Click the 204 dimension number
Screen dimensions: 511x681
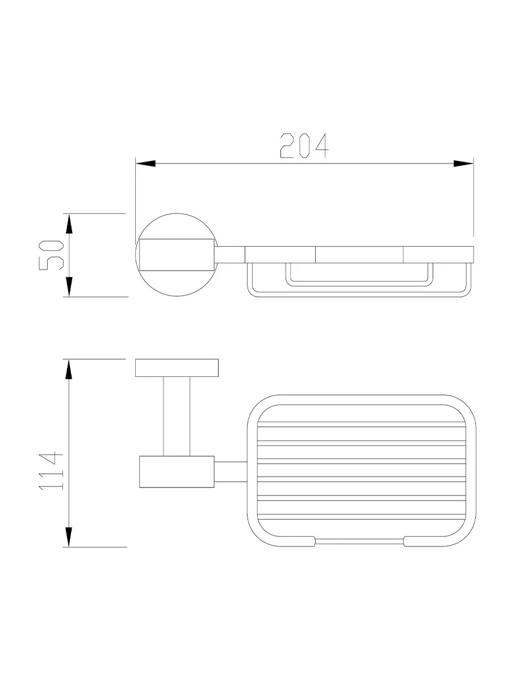[304, 145]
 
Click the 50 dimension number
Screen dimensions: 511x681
[51, 255]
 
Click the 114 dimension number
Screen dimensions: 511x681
[51, 471]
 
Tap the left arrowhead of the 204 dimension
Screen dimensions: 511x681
[145, 163]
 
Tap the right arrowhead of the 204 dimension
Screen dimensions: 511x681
[463, 163]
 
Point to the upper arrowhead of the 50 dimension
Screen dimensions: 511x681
[69, 224]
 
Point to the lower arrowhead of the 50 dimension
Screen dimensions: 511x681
[69, 287]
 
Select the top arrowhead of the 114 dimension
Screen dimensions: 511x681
[69, 369]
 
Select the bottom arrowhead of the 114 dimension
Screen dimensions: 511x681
[69, 537]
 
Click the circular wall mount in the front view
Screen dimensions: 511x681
[177, 214]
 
